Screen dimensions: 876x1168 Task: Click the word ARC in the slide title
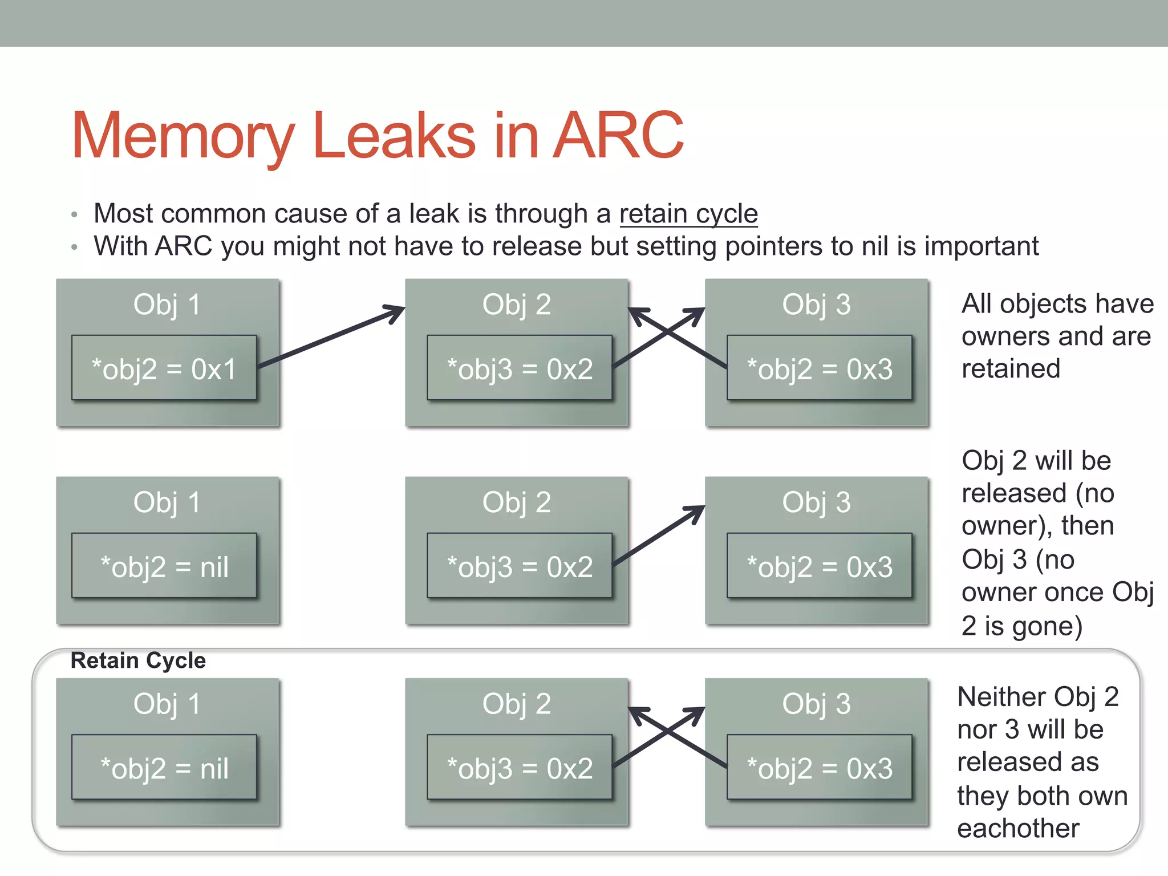(x=618, y=136)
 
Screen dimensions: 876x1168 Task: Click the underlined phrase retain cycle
(x=688, y=214)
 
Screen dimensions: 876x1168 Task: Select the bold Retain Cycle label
(x=137, y=660)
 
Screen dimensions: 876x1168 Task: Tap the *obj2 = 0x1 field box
(x=164, y=368)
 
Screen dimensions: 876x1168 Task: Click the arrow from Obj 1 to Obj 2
(x=331, y=337)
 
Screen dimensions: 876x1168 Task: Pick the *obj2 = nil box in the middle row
(x=164, y=566)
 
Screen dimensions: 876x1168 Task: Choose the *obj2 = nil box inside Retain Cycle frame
(x=164, y=767)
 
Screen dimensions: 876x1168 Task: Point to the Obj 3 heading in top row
(x=816, y=304)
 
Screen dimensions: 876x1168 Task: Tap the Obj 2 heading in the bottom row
(x=517, y=703)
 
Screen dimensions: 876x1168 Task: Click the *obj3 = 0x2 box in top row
(x=520, y=368)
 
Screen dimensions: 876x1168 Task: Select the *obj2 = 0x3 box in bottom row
(x=820, y=767)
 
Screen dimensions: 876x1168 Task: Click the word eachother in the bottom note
(x=1018, y=828)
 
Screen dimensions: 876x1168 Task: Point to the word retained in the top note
(x=1011, y=368)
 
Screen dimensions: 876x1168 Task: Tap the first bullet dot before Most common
(x=74, y=215)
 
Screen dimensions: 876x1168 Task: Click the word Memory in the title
(x=182, y=136)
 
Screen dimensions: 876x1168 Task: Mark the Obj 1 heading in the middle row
(x=167, y=502)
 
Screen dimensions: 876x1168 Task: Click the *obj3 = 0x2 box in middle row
(x=520, y=566)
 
